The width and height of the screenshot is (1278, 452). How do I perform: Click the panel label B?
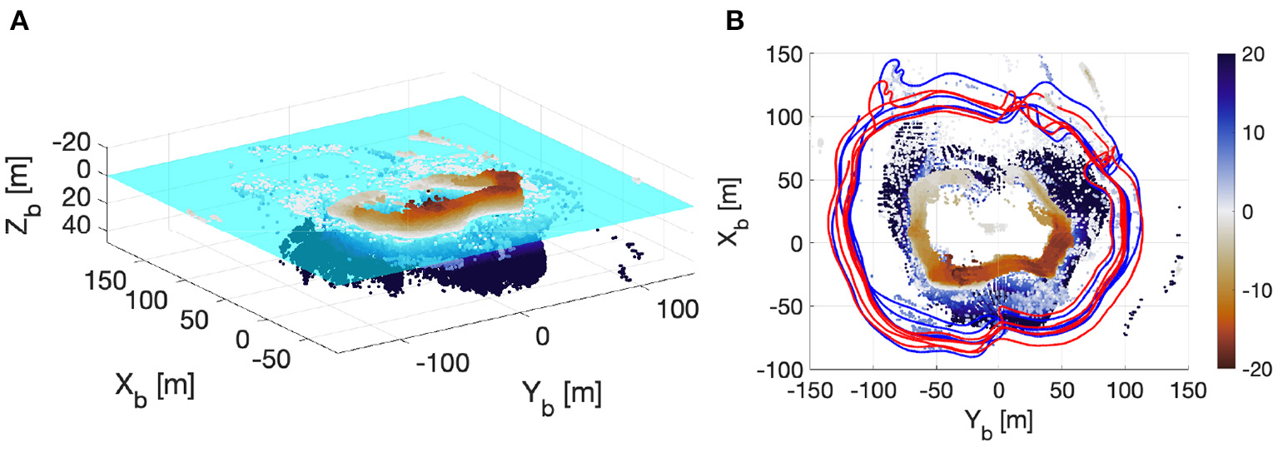tap(736, 22)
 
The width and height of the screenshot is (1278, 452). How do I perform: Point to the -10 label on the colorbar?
tap(1252, 291)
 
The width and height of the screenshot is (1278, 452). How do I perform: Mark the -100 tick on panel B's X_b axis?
tap(784, 369)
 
